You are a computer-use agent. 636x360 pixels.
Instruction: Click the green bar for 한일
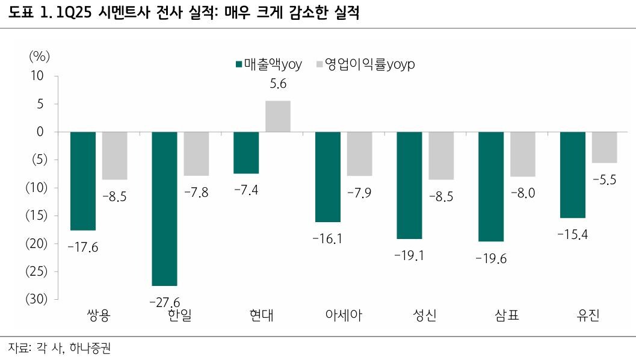coord(164,208)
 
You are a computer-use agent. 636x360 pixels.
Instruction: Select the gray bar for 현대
coord(278,116)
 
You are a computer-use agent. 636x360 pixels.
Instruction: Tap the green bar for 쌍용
coord(83,181)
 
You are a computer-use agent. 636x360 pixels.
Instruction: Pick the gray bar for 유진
coord(604,147)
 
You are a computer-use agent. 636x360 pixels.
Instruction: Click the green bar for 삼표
coord(491,186)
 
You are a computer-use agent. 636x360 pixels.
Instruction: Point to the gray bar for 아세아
coord(360,154)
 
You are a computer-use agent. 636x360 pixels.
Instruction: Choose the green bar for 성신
coord(409,185)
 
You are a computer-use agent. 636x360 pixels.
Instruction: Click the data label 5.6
coord(278,85)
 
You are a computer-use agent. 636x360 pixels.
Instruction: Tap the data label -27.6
coord(164,301)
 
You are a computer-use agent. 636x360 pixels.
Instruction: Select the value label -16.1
coord(327,238)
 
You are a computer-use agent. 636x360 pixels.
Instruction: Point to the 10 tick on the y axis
coord(37,76)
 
